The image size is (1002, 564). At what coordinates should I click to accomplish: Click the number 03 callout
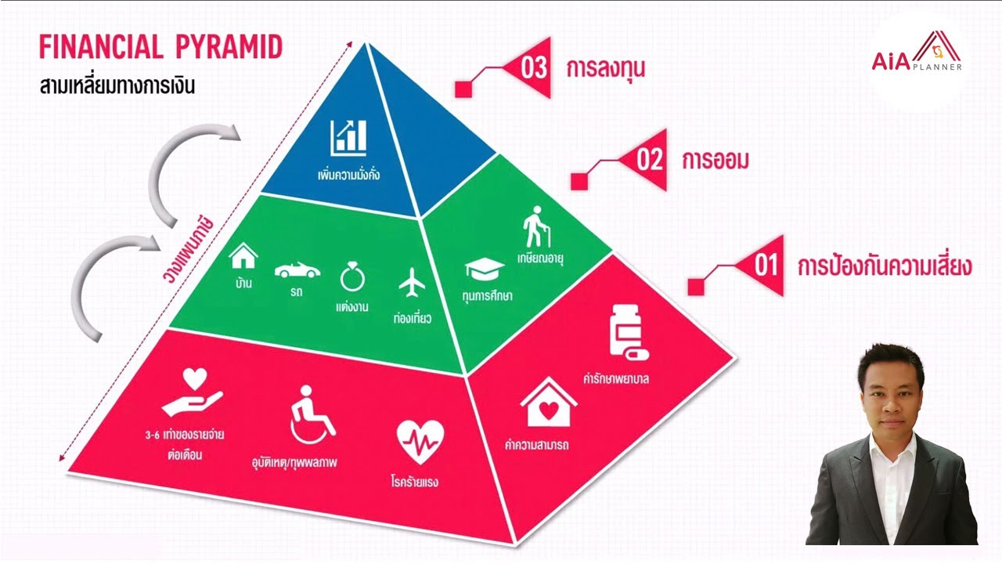(x=533, y=68)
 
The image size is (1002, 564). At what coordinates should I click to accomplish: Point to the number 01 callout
(x=766, y=266)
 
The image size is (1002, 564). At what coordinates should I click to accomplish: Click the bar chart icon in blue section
(x=348, y=136)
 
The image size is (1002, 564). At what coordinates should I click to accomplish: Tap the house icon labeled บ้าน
(x=243, y=255)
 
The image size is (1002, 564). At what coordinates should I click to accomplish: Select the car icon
(x=297, y=270)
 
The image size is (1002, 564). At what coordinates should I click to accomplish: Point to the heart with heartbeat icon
(x=420, y=443)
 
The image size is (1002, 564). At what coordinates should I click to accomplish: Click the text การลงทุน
(x=606, y=69)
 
